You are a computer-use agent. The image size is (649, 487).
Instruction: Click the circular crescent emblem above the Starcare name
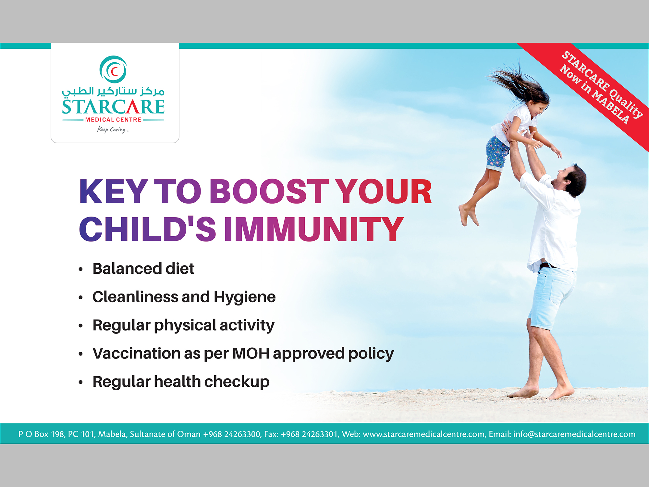(x=113, y=69)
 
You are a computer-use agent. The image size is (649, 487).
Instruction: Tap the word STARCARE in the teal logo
(x=113, y=107)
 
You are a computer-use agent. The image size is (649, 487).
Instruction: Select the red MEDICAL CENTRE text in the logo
(x=113, y=120)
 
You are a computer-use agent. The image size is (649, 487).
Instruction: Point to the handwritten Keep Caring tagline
(x=113, y=130)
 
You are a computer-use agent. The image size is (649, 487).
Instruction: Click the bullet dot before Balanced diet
(x=81, y=269)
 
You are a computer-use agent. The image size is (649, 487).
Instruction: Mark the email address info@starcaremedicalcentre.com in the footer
(x=574, y=434)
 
